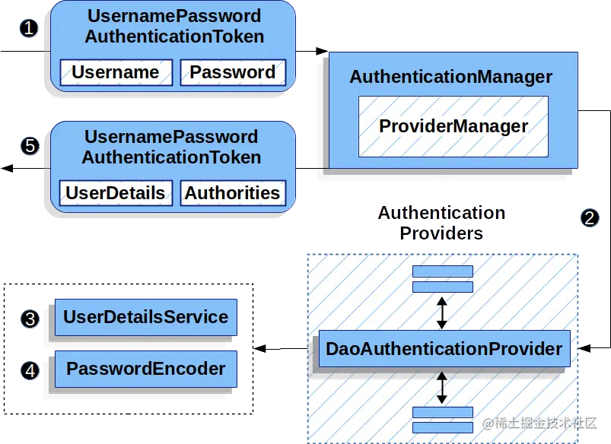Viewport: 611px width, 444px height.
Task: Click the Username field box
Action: pyautogui.click(x=116, y=73)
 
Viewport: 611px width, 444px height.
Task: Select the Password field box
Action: pyautogui.click(x=233, y=73)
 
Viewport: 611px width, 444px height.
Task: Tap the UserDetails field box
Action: pyautogui.click(x=116, y=193)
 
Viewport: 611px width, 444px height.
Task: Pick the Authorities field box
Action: pyautogui.click(x=233, y=193)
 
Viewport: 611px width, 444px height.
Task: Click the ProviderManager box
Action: pyautogui.click(x=453, y=126)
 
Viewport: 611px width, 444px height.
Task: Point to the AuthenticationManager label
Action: pyautogui.click(x=451, y=78)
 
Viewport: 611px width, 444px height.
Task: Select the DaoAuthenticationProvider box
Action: pyautogui.click(x=444, y=350)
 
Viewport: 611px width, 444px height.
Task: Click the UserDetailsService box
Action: pyautogui.click(x=145, y=317)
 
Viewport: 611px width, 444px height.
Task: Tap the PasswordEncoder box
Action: pyautogui.click(x=145, y=369)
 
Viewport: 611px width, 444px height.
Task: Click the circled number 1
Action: pyautogui.click(x=29, y=28)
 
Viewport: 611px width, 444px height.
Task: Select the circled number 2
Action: pyautogui.click(x=590, y=218)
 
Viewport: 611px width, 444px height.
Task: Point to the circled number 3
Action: pyautogui.click(x=30, y=319)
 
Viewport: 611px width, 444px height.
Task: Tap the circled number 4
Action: pyautogui.click(x=30, y=371)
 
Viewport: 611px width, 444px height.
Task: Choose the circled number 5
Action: pyautogui.click(x=29, y=146)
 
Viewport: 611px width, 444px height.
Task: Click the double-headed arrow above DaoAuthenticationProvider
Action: pyautogui.click(x=442, y=312)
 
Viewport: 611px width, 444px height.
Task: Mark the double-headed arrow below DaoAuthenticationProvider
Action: pyautogui.click(x=442, y=388)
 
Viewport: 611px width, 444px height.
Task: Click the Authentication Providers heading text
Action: pyautogui.click(x=442, y=223)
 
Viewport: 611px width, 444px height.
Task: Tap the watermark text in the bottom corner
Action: pyautogui.click(x=540, y=423)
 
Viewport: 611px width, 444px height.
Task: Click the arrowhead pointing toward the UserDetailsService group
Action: pyautogui.click(x=260, y=350)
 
